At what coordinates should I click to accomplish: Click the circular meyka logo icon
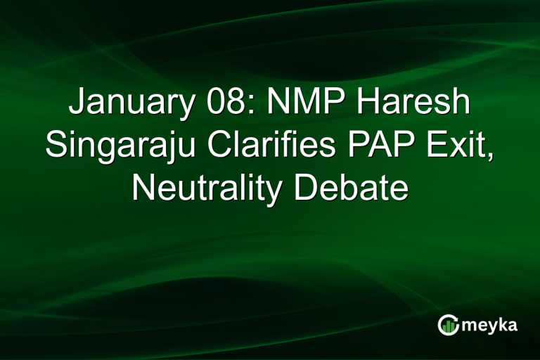pyautogui.click(x=448, y=326)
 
